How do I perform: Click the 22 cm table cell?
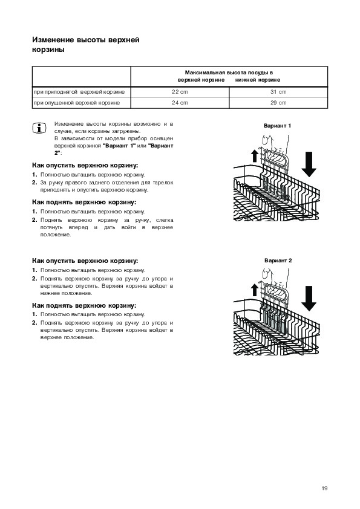(180, 92)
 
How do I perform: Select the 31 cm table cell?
(278, 92)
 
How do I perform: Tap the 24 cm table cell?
(180, 103)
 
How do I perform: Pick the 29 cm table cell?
(278, 103)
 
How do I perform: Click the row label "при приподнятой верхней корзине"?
(79, 92)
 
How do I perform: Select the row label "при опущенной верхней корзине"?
(77, 103)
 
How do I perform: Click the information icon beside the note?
(39, 128)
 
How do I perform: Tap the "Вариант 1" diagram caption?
(278, 126)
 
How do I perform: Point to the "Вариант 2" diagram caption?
(278, 261)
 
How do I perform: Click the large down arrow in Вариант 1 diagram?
(309, 164)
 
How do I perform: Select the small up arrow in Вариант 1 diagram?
(255, 155)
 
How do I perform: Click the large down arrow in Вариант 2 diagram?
(309, 298)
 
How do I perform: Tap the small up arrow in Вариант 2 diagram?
(255, 290)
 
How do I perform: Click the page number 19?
(324, 488)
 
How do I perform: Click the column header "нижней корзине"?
(258, 80)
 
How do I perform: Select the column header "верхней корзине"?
(201, 80)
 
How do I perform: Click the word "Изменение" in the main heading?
(53, 40)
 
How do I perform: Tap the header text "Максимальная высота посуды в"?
(229, 73)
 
